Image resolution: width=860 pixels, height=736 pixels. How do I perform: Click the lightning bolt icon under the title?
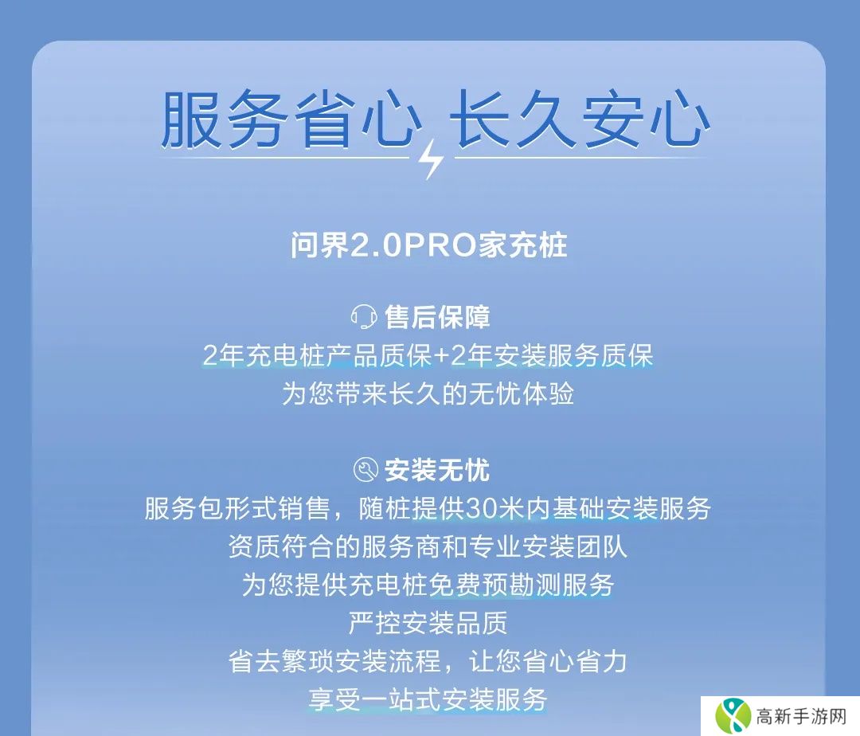(x=431, y=159)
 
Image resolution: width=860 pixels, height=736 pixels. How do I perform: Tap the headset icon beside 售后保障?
(x=364, y=317)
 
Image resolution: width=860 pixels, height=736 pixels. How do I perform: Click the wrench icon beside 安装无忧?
(x=365, y=470)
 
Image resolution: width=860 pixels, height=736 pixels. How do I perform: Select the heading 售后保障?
(x=437, y=317)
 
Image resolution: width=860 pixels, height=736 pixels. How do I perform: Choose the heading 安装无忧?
(x=437, y=470)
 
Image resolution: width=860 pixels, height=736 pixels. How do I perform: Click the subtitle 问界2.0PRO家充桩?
(x=429, y=245)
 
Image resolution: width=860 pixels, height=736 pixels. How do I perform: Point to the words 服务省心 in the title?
(x=291, y=119)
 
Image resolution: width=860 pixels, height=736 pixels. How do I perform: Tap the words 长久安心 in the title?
(x=580, y=119)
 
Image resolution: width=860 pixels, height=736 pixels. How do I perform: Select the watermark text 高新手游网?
(x=801, y=716)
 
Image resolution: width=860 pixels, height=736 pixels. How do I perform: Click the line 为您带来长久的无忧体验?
(x=428, y=393)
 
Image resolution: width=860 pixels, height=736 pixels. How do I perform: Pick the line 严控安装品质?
(x=428, y=622)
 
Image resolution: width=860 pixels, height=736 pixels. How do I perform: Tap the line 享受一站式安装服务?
(x=428, y=699)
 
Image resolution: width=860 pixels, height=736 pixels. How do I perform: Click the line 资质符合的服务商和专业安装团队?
(x=428, y=546)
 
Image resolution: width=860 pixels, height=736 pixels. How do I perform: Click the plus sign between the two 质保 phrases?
(x=441, y=356)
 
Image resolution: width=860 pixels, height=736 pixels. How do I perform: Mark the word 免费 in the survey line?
(x=455, y=585)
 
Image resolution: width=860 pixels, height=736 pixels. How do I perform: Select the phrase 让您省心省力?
(x=548, y=661)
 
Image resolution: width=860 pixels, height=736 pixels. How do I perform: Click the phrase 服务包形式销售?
(x=237, y=508)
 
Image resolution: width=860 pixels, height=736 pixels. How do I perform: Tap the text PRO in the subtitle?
(x=440, y=245)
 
